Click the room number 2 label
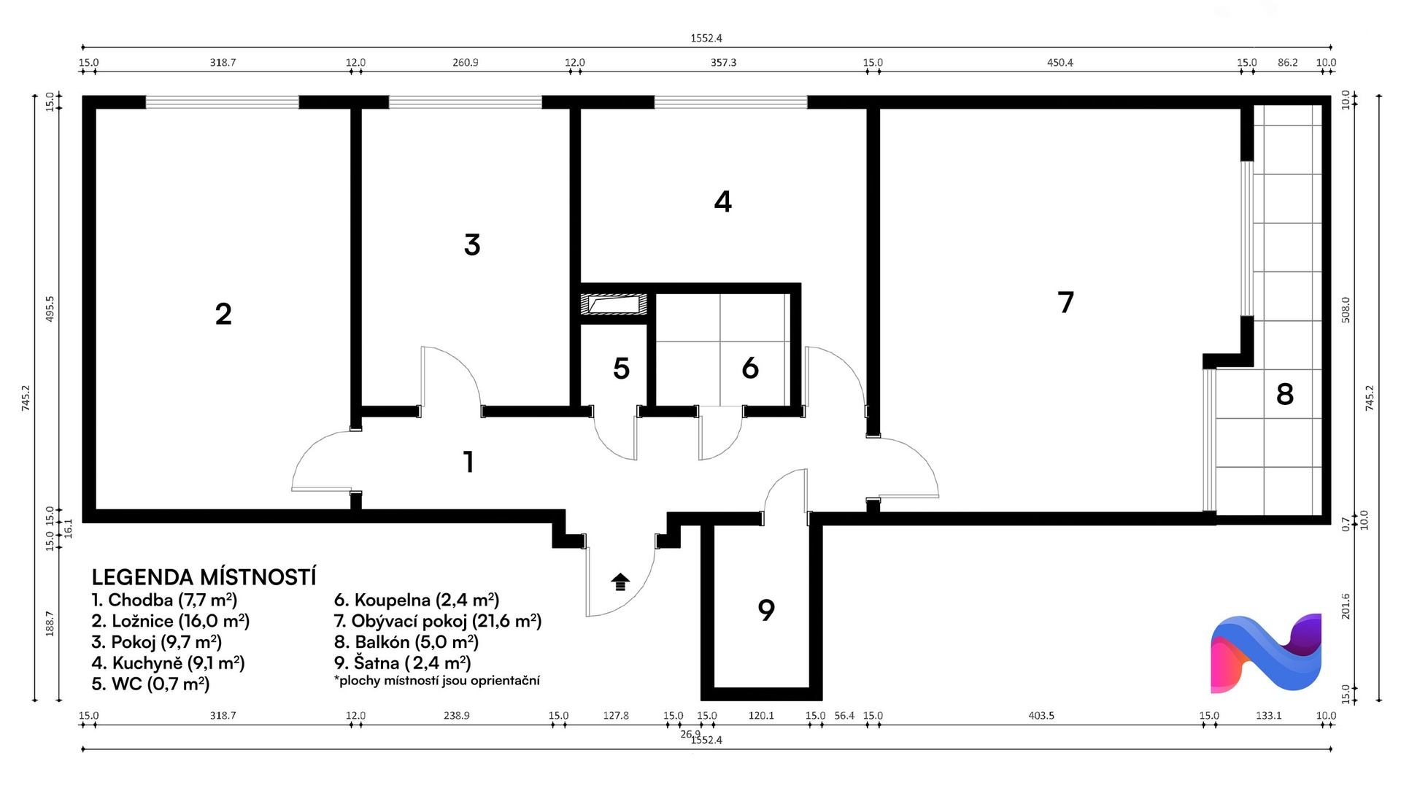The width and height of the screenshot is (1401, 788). [223, 314]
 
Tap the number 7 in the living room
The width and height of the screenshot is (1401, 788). [1066, 302]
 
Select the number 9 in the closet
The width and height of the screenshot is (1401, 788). [765, 609]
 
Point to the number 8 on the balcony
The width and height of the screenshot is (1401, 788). [1285, 394]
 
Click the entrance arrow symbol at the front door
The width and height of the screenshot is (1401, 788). [620, 582]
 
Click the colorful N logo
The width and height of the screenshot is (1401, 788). [1266, 653]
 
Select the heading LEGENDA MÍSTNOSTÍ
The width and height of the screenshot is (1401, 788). [204, 577]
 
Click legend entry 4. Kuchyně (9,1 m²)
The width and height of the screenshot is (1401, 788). [168, 663]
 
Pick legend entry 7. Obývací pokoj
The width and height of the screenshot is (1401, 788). [438, 621]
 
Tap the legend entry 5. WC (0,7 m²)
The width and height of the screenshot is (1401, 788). [150, 684]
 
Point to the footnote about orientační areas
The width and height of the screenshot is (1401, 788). [437, 681]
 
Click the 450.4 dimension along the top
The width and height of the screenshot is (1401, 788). [1060, 63]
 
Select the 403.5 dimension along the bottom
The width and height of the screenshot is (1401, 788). [1041, 716]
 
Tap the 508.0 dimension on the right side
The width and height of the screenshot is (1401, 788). [1346, 310]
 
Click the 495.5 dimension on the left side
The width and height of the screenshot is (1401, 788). [50, 309]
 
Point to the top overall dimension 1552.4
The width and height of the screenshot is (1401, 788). [706, 38]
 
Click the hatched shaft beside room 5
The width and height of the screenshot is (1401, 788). [614, 304]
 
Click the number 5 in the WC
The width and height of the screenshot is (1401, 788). [621, 368]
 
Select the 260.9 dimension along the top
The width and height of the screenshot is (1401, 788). [466, 63]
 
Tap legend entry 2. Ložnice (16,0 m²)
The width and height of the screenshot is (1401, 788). [171, 621]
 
